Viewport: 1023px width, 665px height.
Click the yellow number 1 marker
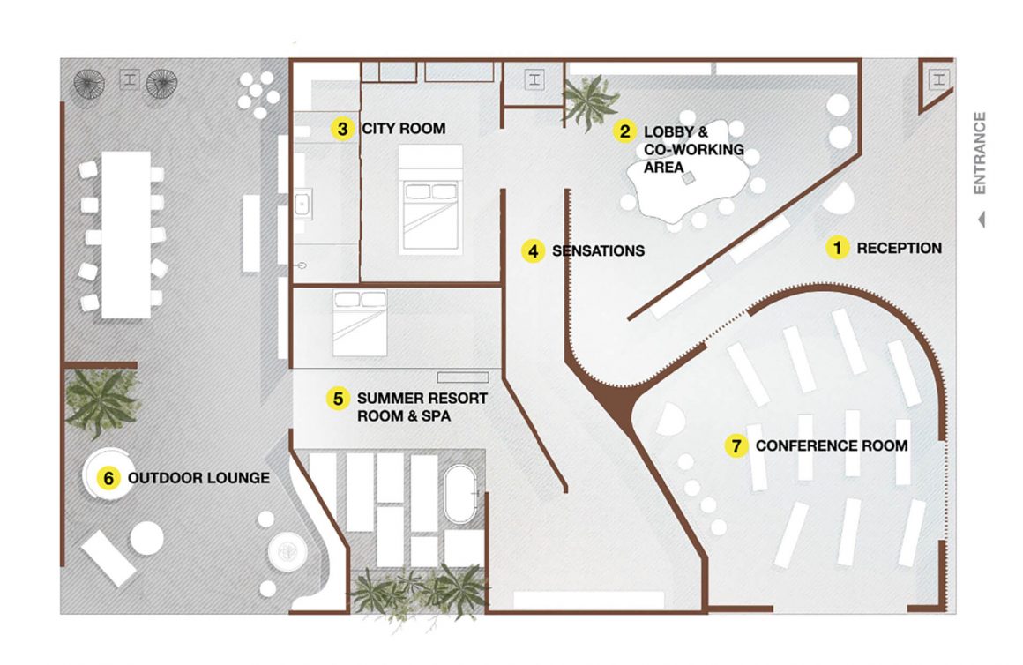(837, 248)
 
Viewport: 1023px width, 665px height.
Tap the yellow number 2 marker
(624, 131)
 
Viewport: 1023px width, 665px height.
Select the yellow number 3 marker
(342, 129)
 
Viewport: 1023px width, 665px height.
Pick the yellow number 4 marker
(533, 250)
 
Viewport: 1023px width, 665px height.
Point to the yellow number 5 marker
(338, 398)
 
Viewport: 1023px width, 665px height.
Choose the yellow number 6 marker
(108, 478)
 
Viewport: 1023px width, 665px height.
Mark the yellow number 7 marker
(736, 445)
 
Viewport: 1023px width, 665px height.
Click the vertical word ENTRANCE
(979, 153)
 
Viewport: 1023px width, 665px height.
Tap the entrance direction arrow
(982, 220)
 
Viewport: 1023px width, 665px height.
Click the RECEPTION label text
(899, 248)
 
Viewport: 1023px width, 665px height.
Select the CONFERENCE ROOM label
(832, 445)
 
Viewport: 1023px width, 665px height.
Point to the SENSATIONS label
(598, 250)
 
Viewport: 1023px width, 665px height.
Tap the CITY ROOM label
(404, 129)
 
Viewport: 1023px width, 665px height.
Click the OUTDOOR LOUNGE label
(199, 478)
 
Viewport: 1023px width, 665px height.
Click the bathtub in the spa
(460, 494)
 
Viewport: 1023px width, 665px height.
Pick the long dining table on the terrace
(126, 235)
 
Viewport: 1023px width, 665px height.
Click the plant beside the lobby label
(591, 101)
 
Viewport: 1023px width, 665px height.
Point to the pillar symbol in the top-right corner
(939, 79)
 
